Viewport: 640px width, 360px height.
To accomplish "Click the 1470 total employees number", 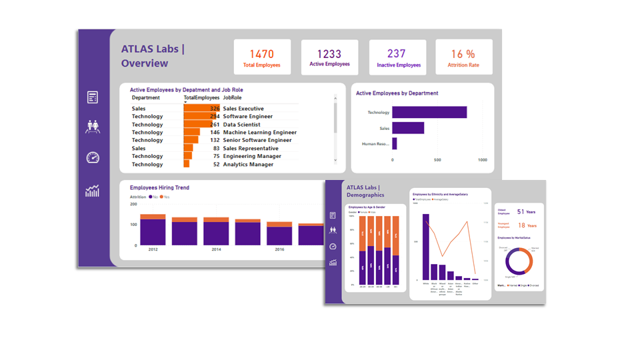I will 262,54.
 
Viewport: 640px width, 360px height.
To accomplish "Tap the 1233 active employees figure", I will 329,54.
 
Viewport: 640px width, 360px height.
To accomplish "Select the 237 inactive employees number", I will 396,54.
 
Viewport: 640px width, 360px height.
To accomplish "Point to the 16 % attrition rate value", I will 463,54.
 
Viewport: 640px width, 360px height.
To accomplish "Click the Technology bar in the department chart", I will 429,112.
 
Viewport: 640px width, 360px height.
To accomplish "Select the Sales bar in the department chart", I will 408,127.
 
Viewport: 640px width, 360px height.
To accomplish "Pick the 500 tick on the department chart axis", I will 437,160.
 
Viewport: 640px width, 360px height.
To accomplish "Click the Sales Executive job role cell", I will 243,109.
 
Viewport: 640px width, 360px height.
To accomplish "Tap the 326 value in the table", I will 215,109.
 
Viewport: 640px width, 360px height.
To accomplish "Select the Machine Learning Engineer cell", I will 259,133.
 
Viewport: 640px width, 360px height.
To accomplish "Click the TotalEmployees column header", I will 202,98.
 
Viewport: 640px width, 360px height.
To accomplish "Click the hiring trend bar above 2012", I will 153,230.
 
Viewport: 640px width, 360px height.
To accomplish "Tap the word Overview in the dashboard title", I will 145,64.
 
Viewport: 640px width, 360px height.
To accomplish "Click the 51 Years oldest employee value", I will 526,211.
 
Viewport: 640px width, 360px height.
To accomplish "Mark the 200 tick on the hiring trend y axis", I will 133,204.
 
